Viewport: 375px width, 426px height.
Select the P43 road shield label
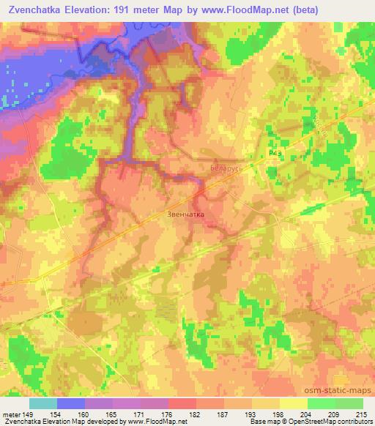[275, 153]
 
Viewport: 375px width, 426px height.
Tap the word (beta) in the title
[347, 10]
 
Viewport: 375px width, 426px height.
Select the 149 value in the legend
[29, 414]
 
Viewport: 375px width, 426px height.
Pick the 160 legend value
[84, 414]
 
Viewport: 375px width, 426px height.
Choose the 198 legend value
[279, 414]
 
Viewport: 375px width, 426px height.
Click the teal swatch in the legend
[42, 403]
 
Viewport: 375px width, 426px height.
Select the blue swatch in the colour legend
[70, 403]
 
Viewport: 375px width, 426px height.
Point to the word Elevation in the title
[94, 10]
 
